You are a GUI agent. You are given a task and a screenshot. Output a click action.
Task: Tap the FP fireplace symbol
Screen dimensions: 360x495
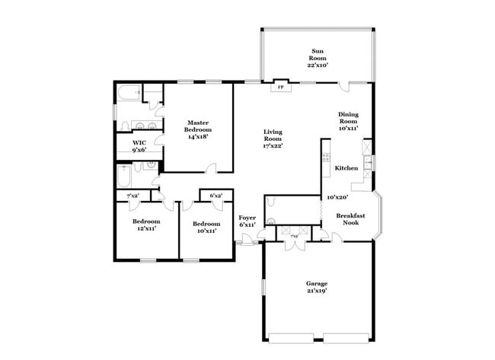(280, 87)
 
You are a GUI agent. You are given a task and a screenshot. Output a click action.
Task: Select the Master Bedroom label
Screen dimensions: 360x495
(198, 126)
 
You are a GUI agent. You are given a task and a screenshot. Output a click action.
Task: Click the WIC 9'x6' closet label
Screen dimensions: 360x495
(139, 145)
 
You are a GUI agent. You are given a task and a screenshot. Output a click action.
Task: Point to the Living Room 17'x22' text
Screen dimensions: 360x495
(273, 138)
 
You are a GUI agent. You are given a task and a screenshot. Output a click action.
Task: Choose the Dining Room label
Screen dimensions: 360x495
(347, 121)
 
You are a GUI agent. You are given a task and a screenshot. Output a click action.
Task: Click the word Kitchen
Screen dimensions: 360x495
(346, 168)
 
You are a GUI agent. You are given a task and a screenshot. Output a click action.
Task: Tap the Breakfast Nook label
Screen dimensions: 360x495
(350, 219)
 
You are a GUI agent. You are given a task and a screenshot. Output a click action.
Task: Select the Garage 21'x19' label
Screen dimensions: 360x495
(316, 285)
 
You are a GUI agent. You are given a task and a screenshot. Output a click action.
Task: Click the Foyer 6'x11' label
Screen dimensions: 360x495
(247, 221)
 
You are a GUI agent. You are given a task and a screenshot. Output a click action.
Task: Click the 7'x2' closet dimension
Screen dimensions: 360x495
(132, 196)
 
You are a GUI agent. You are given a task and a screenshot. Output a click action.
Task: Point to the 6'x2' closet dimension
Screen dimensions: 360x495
(216, 196)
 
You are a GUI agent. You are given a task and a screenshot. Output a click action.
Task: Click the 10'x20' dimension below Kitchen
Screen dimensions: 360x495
(337, 197)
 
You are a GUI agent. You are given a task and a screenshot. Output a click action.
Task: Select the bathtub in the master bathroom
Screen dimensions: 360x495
(128, 94)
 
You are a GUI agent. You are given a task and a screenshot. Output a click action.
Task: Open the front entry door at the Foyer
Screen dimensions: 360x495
(247, 243)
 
